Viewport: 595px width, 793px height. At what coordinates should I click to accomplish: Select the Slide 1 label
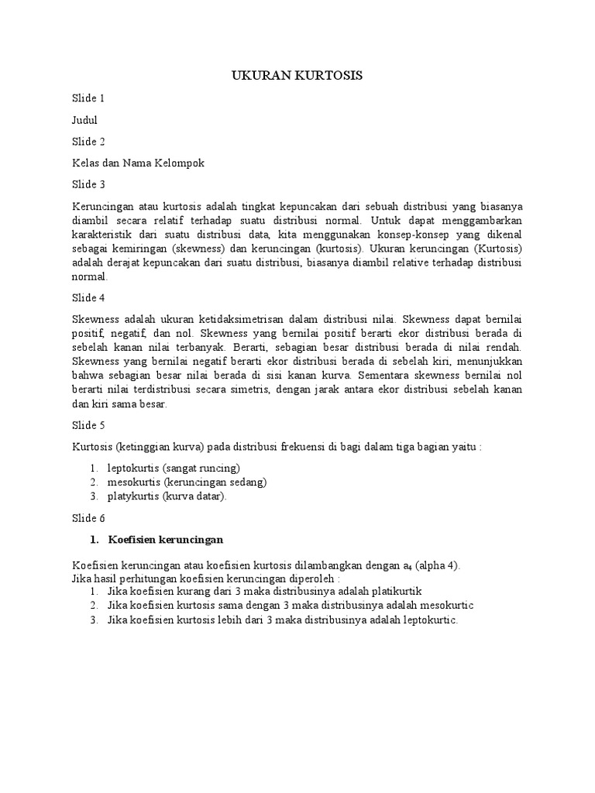point(88,98)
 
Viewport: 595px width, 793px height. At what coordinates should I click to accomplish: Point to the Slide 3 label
point(88,184)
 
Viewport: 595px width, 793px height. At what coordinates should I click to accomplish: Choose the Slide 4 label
point(88,298)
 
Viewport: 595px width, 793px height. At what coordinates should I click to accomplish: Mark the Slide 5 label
point(88,426)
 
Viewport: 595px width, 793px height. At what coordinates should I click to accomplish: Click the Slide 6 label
point(88,517)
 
